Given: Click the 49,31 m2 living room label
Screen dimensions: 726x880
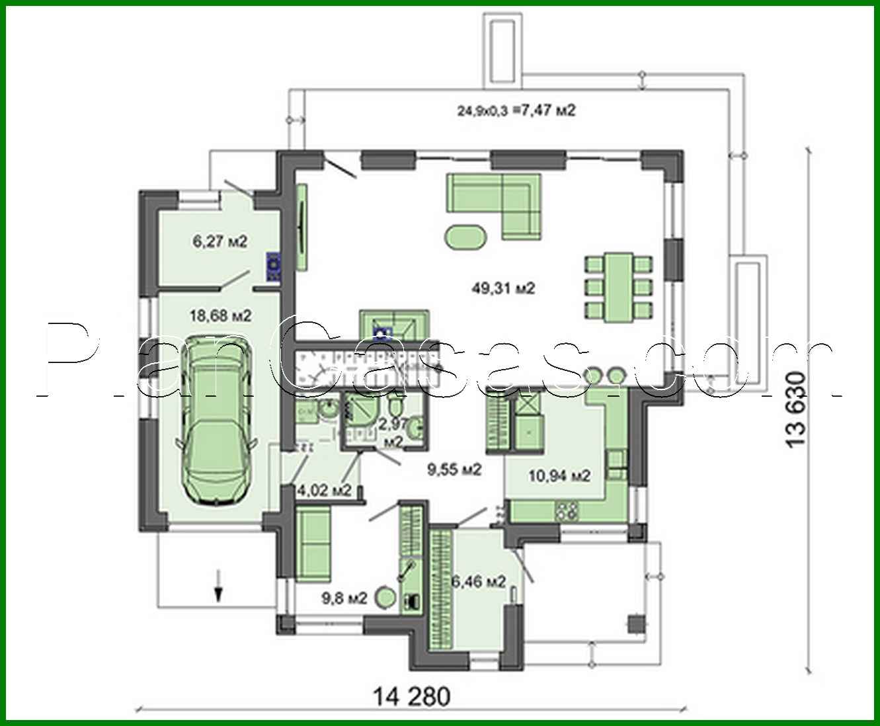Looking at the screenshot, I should coord(503,288).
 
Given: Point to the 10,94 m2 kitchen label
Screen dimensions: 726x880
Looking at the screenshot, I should coord(560,475).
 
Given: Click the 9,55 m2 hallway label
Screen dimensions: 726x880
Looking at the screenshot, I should coord(454,470).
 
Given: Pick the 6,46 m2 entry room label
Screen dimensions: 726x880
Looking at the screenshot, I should coord(479,582).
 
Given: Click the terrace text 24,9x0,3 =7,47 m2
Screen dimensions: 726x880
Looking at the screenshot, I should coord(516,110).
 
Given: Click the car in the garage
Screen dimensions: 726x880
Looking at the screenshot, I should coord(215,420).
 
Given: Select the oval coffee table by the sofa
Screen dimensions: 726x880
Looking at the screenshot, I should coord(467,237).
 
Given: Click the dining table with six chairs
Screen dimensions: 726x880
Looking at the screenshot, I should coord(618,287).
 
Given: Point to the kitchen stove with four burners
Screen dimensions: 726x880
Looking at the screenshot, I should coord(567,510).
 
